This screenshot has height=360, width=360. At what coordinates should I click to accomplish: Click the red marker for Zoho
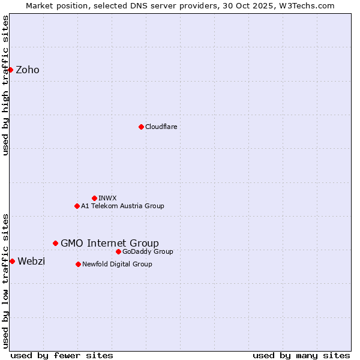coord(10,70)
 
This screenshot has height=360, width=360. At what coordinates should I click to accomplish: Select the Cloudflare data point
coord(141,127)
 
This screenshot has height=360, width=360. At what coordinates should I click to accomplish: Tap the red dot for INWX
coord(94,198)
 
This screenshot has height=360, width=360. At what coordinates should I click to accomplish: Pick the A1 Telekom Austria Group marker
coord(77,206)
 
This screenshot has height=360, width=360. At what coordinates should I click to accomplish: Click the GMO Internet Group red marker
coord(55,243)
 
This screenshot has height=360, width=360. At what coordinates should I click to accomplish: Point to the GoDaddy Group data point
coord(118,251)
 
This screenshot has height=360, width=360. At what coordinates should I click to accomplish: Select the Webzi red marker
coord(12,261)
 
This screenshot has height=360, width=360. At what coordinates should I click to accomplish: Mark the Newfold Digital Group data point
coord(78,264)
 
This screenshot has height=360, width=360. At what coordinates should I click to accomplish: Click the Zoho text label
coord(28,70)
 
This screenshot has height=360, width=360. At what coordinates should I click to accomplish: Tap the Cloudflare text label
coord(161,127)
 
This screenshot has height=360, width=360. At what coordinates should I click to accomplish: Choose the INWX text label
coord(107,198)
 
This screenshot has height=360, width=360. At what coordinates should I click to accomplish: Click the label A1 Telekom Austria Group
coord(122,206)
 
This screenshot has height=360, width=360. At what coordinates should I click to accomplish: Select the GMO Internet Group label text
coord(110,243)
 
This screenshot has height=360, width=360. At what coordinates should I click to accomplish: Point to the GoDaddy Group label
coord(148,251)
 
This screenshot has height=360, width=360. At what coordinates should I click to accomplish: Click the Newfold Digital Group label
coord(117,264)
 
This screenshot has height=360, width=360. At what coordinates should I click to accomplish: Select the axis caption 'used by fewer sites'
coord(62,355)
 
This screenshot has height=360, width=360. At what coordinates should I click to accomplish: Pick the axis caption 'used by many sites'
coord(301,355)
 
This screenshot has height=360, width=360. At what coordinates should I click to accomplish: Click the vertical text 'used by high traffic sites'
coord(5,85)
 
